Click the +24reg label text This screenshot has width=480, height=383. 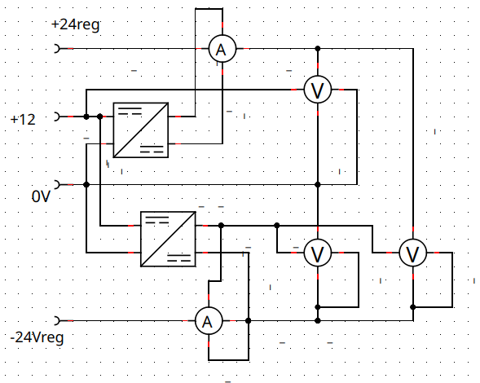coord(76,24)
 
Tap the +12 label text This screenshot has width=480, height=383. coord(23,120)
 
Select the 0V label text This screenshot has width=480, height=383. coord(41,196)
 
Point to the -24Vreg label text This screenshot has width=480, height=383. coord(37,338)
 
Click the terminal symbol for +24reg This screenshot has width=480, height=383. coord(56,48)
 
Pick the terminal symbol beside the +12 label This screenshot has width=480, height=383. coord(56,117)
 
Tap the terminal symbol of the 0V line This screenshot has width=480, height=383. coord(56,185)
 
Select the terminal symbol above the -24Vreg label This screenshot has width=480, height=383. coord(56,320)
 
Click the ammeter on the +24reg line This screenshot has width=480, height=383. coord(222,49)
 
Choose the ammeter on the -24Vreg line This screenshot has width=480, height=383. coord(209,321)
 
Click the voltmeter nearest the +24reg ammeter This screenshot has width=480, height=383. coord(318,90)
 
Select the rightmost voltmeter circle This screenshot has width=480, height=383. coord(413,253)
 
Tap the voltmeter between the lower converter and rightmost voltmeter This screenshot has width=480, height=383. coord(318,253)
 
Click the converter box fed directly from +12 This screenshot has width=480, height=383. coord(141,130)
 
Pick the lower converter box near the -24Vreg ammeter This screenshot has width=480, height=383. coord(168,239)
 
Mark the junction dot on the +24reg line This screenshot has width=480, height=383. coord(318,48)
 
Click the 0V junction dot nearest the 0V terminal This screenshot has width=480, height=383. coord(86,185)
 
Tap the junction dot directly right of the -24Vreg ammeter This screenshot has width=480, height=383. coord(249,320)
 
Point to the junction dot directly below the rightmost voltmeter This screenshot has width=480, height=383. coord(413,307)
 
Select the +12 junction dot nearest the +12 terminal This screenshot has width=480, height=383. coord(86,117)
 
